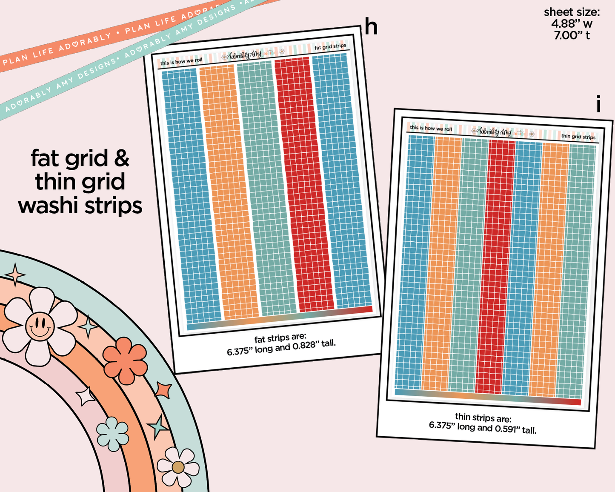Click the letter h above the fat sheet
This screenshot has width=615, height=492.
pyautogui.click(x=371, y=27)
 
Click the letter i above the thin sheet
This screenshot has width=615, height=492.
pyautogui.click(x=598, y=104)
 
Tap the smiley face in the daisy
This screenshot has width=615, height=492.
pyautogui.click(x=40, y=326)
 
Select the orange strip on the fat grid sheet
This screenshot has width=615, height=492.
pyautogui.click(x=229, y=192)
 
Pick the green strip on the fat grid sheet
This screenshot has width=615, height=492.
pyautogui.click(x=266, y=187)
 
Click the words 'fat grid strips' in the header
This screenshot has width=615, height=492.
pyautogui.click(x=330, y=46)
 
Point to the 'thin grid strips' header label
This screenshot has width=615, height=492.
pyautogui.click(x=578, y=137)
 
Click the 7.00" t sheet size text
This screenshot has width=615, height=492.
pyautogui.click(x=572, y=35)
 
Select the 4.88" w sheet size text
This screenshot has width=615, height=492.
pyautogui.click(x=572, y=24)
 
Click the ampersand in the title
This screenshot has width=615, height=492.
pyautogui.click(x=122, y=158)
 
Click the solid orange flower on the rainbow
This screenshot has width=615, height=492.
pyautogui.click(x=125, y=361)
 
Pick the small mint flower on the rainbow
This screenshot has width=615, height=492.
pyautogui.click(x=113, y=434)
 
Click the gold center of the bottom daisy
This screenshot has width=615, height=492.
pyautogui.click(x=178, y=467)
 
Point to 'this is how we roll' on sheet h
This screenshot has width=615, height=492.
pyautogui.click(x=181, y=61)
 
